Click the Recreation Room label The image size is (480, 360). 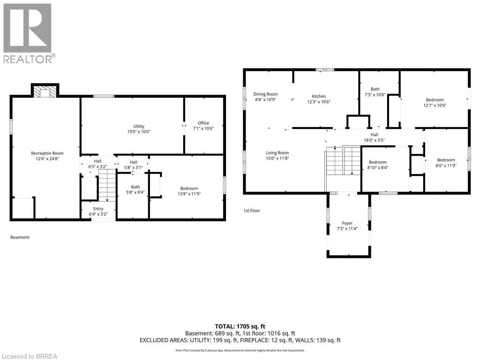47,153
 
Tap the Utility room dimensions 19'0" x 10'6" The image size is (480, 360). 138,132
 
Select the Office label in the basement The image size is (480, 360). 203,123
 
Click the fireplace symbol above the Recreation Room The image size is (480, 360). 45,91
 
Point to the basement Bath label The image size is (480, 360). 135,187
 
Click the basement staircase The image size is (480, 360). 107,185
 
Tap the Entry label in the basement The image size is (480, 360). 98,209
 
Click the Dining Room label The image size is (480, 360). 266,94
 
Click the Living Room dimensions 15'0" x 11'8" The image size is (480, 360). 277,158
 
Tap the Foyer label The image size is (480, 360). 347,223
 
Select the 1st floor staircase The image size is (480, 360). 342,161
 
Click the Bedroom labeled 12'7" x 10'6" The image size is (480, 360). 435,100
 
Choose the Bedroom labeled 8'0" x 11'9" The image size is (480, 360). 446,160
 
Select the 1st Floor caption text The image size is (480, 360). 251,211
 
